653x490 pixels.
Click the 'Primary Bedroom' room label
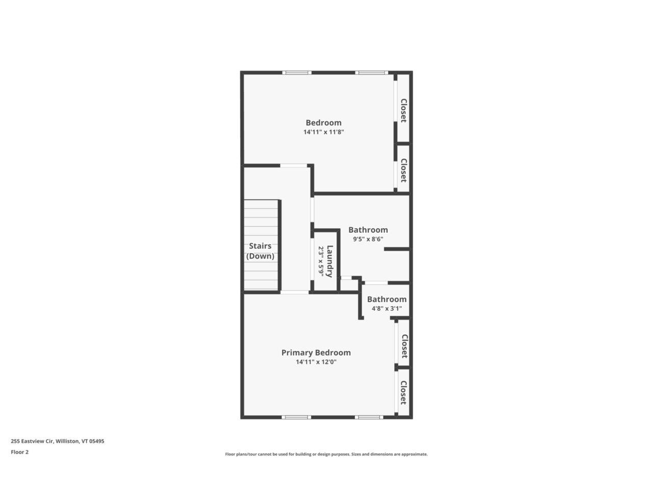[x=316, y=353]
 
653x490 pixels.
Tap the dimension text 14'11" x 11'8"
[x=323, y=132]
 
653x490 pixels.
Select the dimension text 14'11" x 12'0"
[x=316, y=362]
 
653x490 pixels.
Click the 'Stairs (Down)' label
[x=260, y=251]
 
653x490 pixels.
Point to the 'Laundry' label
[x=330, y=261]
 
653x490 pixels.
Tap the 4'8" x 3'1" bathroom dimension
[x=387, y=309]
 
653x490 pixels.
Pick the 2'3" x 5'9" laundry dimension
[x=321, y=261]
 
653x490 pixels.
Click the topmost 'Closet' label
[x=404, y=111]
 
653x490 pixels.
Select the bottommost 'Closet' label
[x=404, y=393]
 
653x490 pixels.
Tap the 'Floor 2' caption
[x=20, y=452]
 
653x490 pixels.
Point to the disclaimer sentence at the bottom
[x=326, y=454]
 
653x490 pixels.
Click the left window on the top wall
[x=298, y=72]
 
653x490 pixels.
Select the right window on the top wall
[x=371, y=72]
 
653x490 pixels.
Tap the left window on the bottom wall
[x=296, y=417]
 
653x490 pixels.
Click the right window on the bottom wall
[x=369, y=417]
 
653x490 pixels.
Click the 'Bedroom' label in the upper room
[x=323, y=122]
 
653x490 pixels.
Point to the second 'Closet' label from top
[x=404, y=170]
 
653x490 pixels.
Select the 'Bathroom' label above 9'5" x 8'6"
[x=368, y=230]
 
